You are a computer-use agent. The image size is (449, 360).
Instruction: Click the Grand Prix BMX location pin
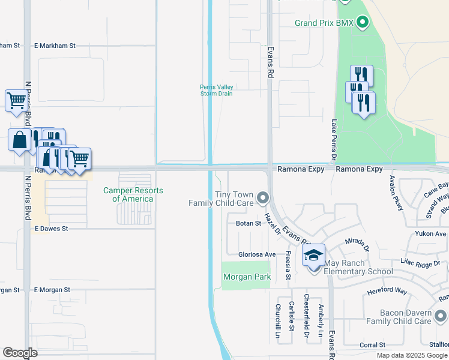coord(362,23)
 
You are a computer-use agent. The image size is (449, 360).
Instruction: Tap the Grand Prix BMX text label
coord(325,23)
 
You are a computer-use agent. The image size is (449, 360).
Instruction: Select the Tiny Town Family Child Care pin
coord(262,197)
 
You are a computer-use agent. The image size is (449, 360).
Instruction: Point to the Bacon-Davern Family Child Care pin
coord(442,316)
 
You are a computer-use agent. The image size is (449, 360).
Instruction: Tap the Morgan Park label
coord(247,277)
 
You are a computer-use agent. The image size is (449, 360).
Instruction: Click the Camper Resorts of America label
coord(133,194)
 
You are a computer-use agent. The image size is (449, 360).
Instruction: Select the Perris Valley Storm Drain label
coord(216,90)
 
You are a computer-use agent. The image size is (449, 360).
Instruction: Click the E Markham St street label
coord(55,46)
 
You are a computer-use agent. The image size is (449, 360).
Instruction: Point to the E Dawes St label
coord(52,229)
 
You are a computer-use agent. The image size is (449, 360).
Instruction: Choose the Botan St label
coord(249,223)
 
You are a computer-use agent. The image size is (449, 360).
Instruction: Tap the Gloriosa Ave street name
coord(257,254)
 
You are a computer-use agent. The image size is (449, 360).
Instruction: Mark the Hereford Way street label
coord(387,291)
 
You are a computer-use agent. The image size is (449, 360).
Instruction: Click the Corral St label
coord(372,345)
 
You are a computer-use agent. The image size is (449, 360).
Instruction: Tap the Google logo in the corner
coord(20,353)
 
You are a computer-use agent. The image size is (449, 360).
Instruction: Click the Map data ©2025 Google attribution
coord(412,355)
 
